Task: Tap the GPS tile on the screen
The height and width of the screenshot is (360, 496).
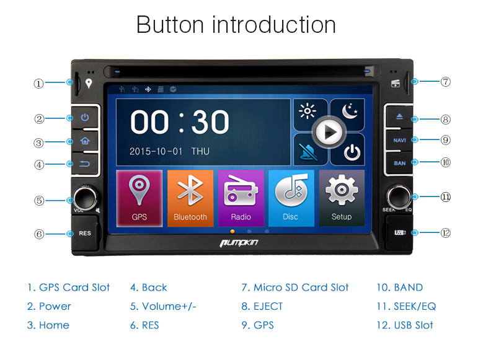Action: tap(139, 198)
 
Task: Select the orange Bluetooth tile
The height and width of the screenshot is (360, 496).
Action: tap(190, 198)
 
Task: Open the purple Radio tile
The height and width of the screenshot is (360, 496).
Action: tap(241, 198)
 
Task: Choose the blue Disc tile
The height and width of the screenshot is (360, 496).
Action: tap(291, 198)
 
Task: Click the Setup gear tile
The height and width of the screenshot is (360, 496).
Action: tap(342, 198)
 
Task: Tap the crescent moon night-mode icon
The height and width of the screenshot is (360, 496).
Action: tap(350, 112)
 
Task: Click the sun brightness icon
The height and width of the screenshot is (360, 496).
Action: tap(308, 112)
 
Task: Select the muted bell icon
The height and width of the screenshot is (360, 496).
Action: tap(308, 152)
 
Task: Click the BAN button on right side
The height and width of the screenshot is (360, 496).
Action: tap(399, 163)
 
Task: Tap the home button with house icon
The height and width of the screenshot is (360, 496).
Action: tap(85, 141)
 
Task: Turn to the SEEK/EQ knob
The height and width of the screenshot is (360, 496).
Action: tap(399, 196)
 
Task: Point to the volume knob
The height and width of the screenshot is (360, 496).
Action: tap(85, 198)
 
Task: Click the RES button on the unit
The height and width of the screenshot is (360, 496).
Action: tap(85, 233)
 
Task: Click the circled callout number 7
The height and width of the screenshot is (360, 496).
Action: tap(445, 82)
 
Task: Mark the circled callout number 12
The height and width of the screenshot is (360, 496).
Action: tap(445, 233)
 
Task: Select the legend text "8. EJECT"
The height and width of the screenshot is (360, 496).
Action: tap(262, 306)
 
